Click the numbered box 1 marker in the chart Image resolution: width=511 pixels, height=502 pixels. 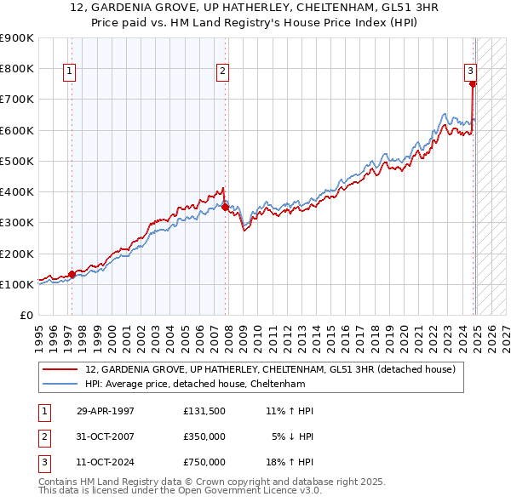[x=68, y=71]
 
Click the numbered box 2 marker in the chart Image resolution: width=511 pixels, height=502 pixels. [x=222, y=71]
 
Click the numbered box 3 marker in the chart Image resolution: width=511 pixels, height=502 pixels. [x=469, y=71]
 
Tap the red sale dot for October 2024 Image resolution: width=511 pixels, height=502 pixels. [x=473, y=83]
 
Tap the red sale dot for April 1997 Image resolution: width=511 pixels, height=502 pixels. [x=72, y=274]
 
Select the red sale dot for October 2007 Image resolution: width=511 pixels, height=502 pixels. [x=225, y=207]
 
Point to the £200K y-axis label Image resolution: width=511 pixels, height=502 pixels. [x=17, y=254]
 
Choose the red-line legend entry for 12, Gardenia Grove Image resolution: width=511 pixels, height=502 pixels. [x=271, y=369]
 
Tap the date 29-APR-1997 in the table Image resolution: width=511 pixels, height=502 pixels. [x=105, y=411]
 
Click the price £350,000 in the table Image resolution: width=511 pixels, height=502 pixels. [x=204, y=436]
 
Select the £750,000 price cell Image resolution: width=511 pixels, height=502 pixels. [x=204, y=462]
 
